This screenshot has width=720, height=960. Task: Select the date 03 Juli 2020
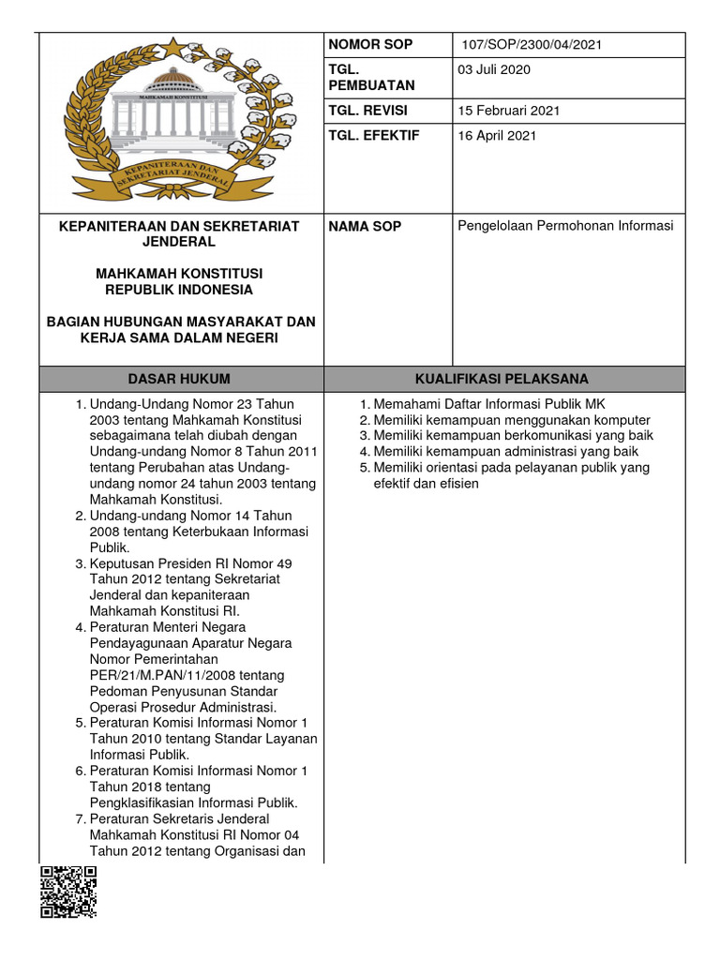click(494, 70)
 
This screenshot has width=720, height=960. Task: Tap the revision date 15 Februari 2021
click(509, 111)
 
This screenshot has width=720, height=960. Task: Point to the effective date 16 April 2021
click(497, 136)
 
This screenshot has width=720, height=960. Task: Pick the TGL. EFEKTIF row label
click(374, 136)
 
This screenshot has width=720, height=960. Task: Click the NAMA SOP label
click(366, 227)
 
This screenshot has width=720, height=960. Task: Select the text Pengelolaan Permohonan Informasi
click(565, 226)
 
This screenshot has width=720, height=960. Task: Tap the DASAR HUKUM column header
click(181, 379)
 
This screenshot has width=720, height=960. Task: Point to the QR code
click(68, 892)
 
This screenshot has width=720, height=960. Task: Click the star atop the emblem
click(174, 47)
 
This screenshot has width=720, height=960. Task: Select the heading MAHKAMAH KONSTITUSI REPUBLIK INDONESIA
click(180, 281)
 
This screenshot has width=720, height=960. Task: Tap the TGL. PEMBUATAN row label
click(370, 78)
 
